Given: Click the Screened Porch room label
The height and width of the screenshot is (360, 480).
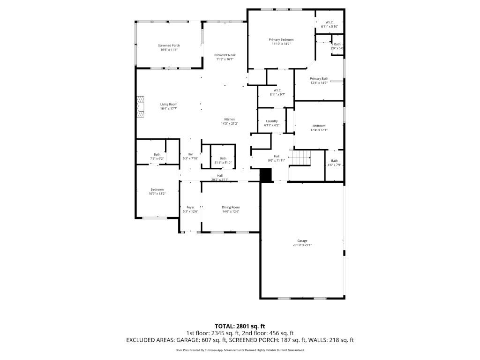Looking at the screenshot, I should pyautogui.click(x=169, y=45).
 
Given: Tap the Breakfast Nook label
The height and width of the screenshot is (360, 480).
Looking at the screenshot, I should pyautogui.click(x=225, y=55).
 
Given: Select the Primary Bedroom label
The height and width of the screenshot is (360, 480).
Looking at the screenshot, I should pyautogui.click(x=281, y=40).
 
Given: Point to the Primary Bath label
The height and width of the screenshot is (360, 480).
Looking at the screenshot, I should pyautogui.click(x=319, y=79).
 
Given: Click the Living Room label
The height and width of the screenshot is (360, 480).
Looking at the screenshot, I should pyautogui.click(x=169, y=105).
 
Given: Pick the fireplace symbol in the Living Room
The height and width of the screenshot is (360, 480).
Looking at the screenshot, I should pyautogui.click(x=141, y=107).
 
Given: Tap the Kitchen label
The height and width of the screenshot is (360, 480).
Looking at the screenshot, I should pyautogui.click(x=230, y=120).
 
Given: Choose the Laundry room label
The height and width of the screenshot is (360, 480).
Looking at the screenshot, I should pyautogui.click(x=272, y=121).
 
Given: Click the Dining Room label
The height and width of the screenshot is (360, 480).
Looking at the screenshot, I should pyautogui.click(x=231, y=207).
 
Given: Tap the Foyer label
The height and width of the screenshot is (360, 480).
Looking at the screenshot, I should pyautogui.click(x=190, y=207).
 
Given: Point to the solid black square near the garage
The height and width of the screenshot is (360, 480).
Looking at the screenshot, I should pyautogui.click(x=266, y=175).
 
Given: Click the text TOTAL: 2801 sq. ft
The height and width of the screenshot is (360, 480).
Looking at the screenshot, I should pyautogui.click(x=240, y=326).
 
